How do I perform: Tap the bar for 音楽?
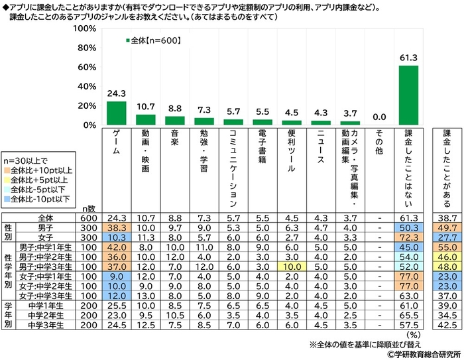click(x=175, y=120)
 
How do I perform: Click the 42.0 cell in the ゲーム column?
click(x=117, y=247)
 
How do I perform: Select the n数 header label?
click(x=87, y=208)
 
